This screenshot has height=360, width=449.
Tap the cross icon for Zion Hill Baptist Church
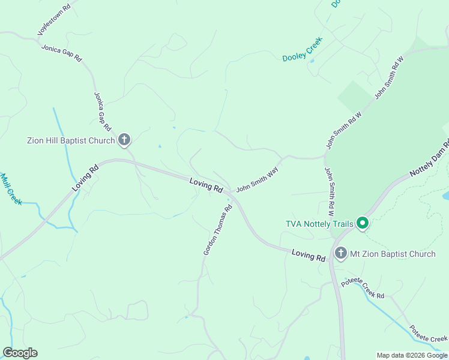(x=124, y=140)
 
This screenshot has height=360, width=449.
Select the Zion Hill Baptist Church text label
(x=71, y=141)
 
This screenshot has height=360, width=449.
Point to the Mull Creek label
(x=11, y=189)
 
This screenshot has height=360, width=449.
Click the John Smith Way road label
(x=258, y=179)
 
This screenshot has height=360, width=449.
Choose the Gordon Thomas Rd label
(x=217, y=231)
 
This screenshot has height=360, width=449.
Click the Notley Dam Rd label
(x=429, y=158)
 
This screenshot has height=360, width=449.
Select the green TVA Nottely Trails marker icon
(x=362, y=224)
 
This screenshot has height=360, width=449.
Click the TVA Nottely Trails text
(x=319, y=224)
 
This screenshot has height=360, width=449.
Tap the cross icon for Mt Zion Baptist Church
(x=341, y=253)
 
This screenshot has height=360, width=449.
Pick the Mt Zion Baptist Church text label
(x=393, y=254)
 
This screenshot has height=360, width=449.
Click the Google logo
(x=20, y=353)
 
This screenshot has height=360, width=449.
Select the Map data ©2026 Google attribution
(x=412, y=355)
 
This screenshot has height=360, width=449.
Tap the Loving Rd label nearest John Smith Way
(x=206, y=185)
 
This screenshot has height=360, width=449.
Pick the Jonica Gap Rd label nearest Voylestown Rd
(x=61, y=53)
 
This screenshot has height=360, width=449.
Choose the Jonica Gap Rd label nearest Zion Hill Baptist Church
(x=103, y=112)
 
